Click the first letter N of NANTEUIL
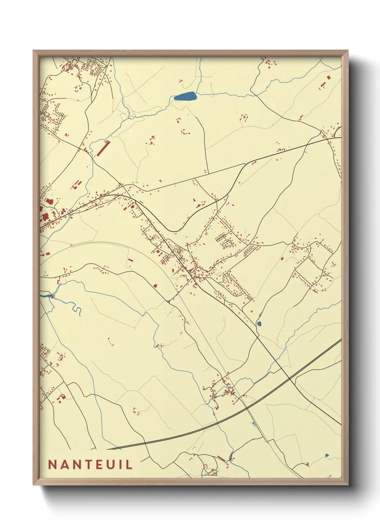52,464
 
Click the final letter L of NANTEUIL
130,464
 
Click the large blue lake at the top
185,96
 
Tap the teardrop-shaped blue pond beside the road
259,324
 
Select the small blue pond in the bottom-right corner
327,455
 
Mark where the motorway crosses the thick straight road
289,379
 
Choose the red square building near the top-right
328,77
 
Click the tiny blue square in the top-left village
80,88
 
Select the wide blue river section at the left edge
46,296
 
